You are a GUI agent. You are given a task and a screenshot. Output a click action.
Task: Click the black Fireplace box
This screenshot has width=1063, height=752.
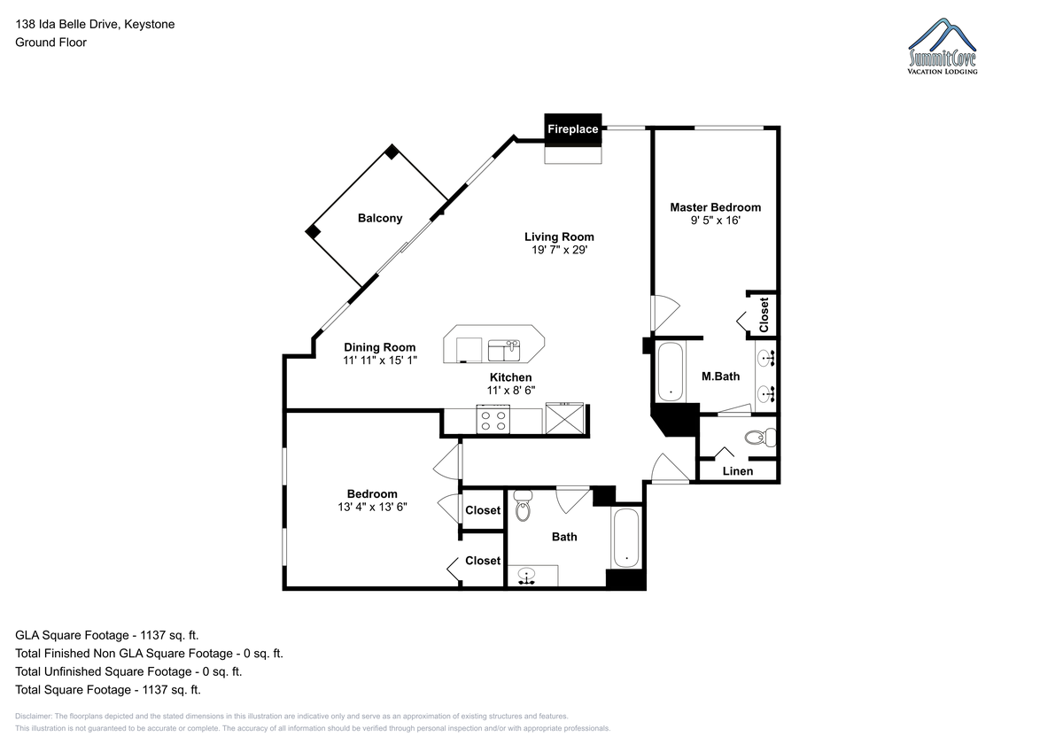tap(573, 129)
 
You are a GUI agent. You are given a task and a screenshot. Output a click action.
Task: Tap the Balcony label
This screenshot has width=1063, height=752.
tap(380, 218)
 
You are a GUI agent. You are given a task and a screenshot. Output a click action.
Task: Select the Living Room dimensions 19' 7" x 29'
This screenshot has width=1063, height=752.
tap(560, 250)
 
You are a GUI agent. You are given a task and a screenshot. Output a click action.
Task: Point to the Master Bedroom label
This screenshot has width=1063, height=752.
tap(715, 207)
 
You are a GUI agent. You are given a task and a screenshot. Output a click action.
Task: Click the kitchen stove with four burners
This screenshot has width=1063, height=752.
tap(493, 420)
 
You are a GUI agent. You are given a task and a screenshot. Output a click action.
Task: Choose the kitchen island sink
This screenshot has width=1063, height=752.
tap(504, 350)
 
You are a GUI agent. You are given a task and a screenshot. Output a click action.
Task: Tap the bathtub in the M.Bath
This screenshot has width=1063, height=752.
tap(671, 371)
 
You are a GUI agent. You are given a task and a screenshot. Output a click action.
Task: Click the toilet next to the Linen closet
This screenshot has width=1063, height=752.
tap(760, 437)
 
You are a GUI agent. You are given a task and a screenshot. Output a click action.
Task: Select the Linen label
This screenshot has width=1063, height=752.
tap(737, 471)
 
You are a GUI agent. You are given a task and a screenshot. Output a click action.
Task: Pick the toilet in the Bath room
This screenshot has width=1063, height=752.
tap(523, 506)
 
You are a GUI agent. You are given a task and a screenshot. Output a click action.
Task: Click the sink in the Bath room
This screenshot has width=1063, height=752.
tap(526, 576)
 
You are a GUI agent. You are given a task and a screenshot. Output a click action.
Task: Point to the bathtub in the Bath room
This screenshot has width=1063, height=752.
tap(626, 538)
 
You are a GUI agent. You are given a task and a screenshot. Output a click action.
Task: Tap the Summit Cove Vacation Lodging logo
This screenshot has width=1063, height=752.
tap(943, 46)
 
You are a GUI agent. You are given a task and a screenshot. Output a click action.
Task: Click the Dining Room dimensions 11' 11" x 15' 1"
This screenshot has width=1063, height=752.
tap(380, 360)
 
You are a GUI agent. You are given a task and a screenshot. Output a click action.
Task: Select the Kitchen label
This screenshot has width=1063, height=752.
tap(510, 377)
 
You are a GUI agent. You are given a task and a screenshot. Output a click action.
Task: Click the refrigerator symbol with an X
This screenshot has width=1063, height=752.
tap(565, 418)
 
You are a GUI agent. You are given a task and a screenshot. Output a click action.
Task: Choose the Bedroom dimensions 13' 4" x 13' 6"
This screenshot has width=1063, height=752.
tap(372, 508)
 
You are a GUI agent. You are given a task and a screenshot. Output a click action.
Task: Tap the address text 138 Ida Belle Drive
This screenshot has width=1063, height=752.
tap(68, 24)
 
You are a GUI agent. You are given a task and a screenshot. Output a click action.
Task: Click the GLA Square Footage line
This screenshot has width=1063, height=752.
tap(107, 635)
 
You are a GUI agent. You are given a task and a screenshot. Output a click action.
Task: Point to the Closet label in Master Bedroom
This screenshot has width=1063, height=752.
tap(764, 315)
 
